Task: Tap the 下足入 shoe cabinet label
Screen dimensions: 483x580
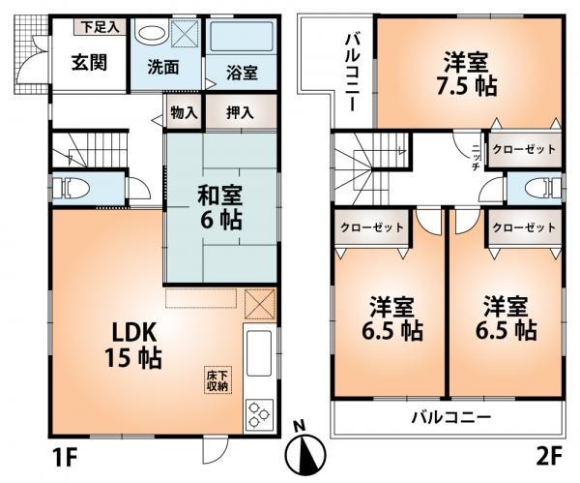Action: point(100,26)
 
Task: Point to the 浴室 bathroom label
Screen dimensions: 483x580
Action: point(242,73)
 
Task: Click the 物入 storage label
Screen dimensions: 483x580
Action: point(184,112)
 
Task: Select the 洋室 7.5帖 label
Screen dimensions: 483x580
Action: point(471,74)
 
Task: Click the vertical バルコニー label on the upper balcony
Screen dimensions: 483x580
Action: point(354,74)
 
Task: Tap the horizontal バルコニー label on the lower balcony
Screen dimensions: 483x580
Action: point(451,419)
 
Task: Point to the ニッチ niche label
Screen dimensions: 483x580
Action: point(476,156)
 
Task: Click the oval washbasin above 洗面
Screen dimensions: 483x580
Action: point(151,31)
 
